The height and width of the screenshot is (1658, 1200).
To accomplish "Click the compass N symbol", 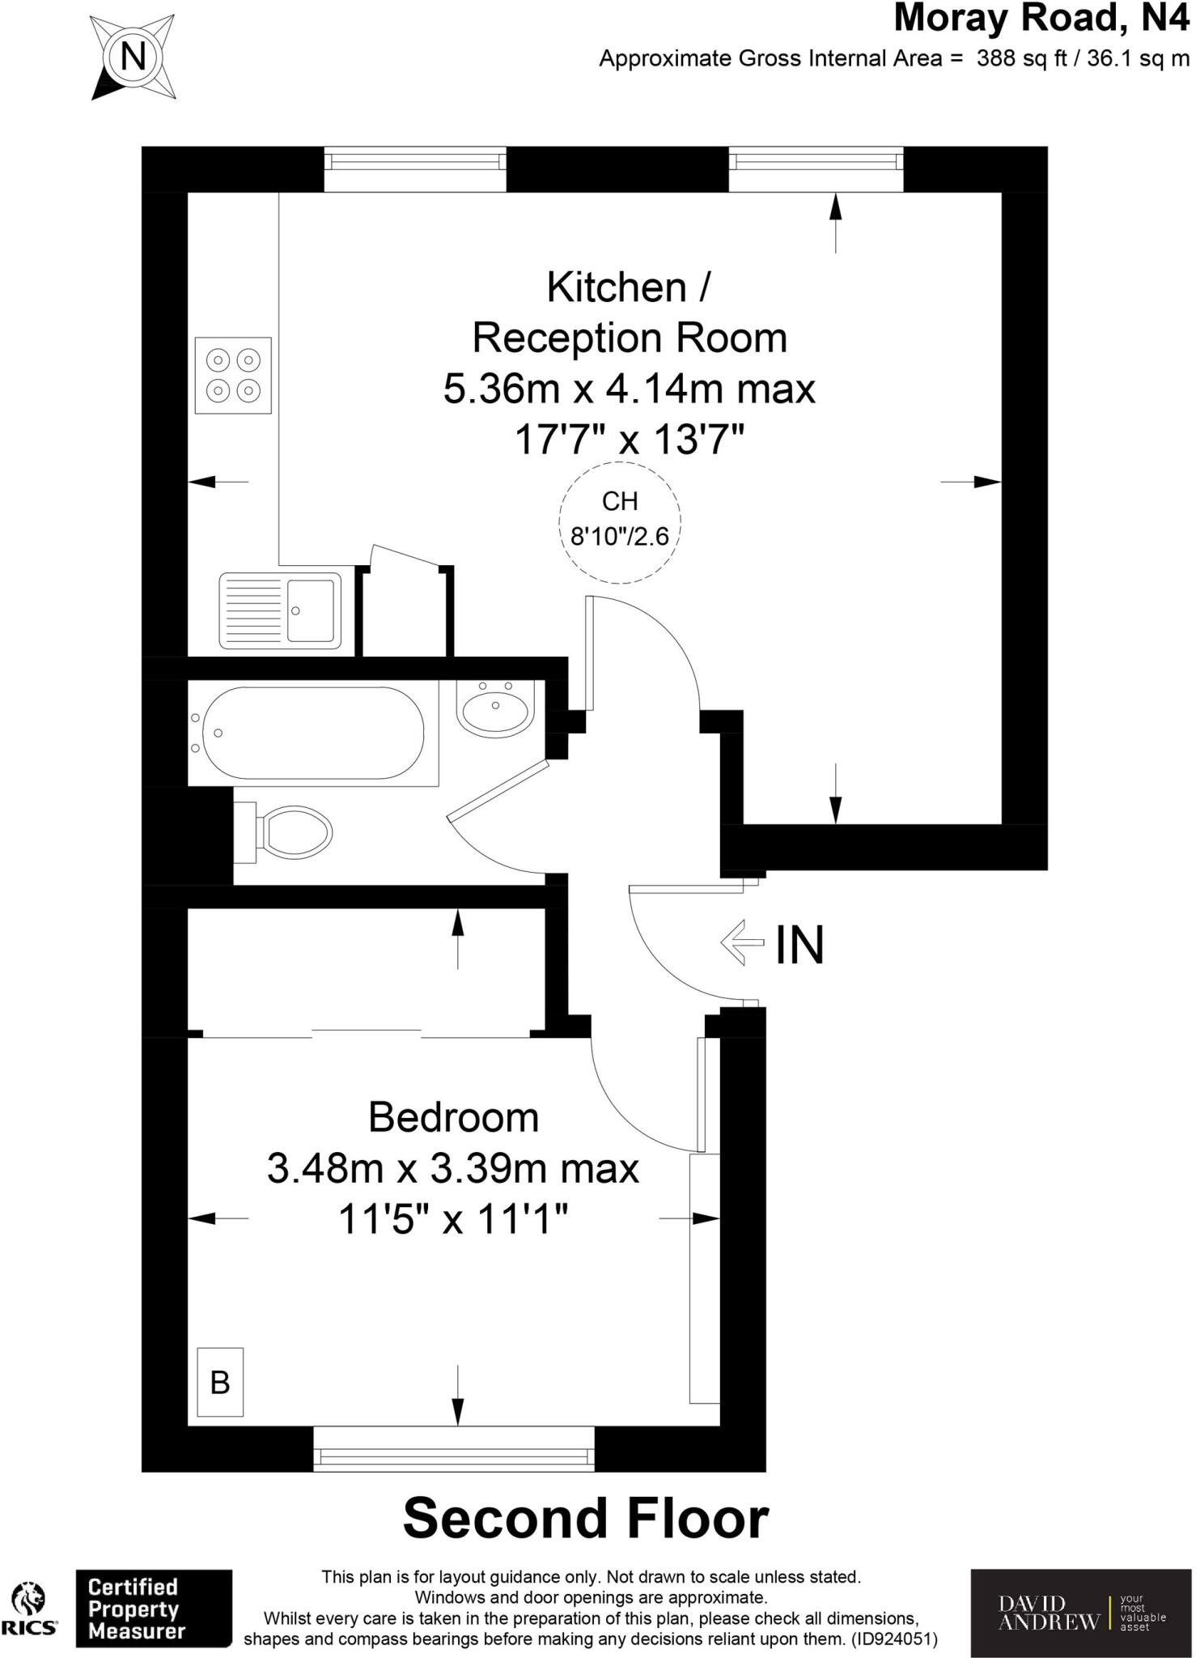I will click(133, 57).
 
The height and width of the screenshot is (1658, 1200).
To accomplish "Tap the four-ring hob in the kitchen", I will click(233, 375).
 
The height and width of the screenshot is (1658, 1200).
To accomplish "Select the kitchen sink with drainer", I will click(280, 610).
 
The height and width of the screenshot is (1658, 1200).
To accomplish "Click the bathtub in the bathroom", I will click(313, 733).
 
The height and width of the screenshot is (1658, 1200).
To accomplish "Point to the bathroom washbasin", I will click(495, 705).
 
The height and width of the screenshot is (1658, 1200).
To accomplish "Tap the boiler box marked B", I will click(220, 1382).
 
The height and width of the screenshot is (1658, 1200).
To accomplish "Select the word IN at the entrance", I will click(799, 945).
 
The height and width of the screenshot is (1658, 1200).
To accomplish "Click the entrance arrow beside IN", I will click(742, 942).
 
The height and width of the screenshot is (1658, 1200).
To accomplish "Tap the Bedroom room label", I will click(453, 1117).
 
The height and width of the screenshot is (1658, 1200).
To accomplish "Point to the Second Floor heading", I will click(585, 1519).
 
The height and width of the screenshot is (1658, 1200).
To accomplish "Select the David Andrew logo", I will click(1080, 1613).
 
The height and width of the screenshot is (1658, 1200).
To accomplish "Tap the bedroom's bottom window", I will click(454, 1458).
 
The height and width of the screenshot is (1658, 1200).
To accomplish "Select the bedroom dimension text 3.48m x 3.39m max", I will click(453, 1168).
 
